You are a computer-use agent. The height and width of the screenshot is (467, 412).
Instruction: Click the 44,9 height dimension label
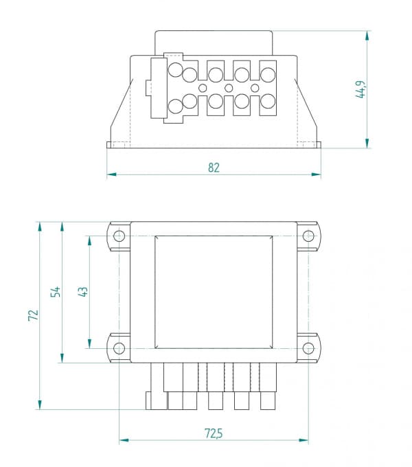point(360,89)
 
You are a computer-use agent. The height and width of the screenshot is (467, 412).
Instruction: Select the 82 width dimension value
point(214,168)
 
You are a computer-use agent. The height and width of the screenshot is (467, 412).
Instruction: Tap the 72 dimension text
point(32,315)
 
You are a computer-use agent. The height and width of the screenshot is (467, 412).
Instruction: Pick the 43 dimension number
point(82,291)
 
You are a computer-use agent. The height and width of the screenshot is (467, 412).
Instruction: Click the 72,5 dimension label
point(214,433)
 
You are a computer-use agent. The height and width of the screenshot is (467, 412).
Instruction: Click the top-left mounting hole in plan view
point(119,236)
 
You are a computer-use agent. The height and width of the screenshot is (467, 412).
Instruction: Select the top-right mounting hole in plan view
point(308,236)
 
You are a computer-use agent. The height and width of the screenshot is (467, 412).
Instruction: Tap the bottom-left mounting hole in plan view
point(119,348)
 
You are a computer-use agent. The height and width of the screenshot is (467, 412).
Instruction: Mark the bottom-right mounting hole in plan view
point(308,348)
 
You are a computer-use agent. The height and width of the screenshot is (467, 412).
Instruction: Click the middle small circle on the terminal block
point(229,88)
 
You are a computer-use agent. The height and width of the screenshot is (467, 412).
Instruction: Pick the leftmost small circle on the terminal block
point(203,88)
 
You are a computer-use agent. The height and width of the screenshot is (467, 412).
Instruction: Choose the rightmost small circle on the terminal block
point(255,88)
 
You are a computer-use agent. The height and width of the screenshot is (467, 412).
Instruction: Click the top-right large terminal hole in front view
point(267,73)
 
